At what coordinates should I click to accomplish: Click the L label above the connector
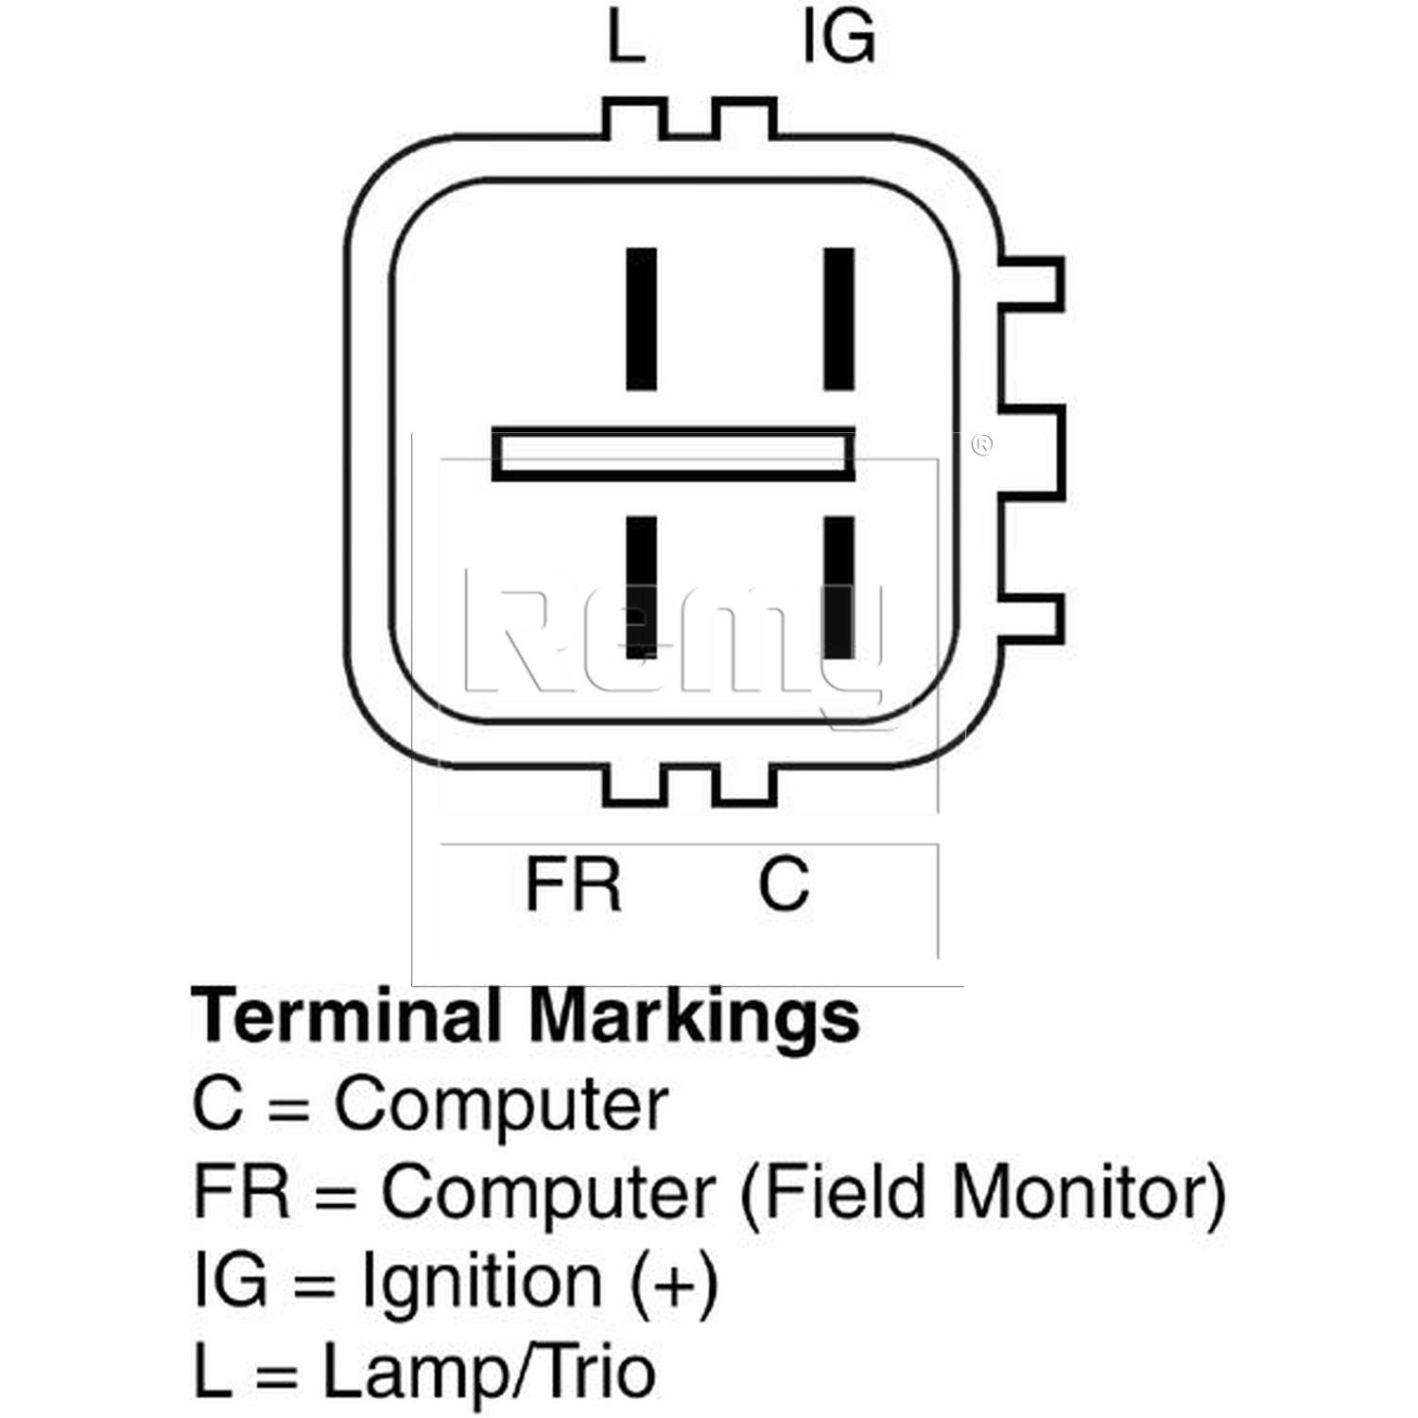626,41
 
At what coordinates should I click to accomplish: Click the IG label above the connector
838,41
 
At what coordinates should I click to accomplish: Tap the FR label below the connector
573,884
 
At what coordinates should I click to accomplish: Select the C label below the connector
783,884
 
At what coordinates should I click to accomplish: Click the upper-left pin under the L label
642,319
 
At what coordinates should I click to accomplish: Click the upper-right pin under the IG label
839,319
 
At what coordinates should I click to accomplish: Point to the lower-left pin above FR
642,587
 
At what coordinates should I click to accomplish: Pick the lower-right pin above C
839,587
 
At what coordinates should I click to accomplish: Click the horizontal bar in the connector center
674,455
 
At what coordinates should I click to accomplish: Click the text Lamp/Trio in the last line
489,1372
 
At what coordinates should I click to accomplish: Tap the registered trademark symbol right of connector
982,444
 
